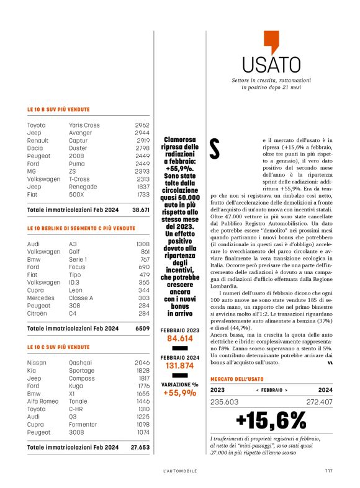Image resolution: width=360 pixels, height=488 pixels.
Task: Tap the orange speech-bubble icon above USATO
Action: [x=271, y=42]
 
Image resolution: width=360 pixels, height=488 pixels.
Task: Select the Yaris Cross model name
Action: [x=84, y=125]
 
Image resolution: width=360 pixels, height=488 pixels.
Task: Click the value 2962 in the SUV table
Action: [x=142, y=125]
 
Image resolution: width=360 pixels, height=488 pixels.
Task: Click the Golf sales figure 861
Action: [x=144, y=252]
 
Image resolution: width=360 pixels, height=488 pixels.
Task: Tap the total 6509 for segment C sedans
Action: [x=142, y=328]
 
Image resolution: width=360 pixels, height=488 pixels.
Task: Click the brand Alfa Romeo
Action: [x=42, y=401]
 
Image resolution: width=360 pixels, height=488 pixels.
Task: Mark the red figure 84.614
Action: [x=179, y=339]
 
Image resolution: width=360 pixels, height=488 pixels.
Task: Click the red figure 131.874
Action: [x=179, y=366]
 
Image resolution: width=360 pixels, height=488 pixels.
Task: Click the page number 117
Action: [x=328, y=471]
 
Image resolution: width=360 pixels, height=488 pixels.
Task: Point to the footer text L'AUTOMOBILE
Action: [x=180, y=471]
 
